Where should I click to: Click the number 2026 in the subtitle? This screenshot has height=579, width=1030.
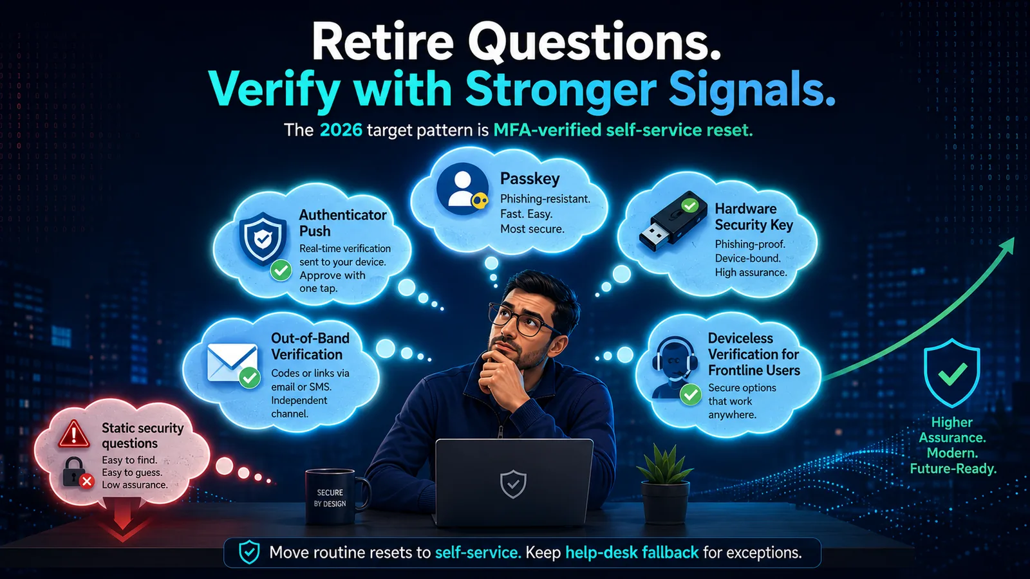(341, 130)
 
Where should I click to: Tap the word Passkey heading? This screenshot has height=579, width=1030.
(530, 179)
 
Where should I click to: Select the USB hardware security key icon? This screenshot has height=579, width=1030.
(669, 221)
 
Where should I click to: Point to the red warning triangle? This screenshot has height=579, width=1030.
(73, 434)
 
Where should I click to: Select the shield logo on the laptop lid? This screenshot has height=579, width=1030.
(513, 484)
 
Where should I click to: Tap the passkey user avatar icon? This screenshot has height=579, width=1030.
(462, 189)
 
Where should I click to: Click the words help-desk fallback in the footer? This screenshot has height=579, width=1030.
(632, 552)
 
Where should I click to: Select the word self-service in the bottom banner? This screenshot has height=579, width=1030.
(478, 552)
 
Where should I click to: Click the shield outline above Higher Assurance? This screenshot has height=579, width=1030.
(952, 372)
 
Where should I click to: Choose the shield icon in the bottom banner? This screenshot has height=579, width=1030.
(249, 553)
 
